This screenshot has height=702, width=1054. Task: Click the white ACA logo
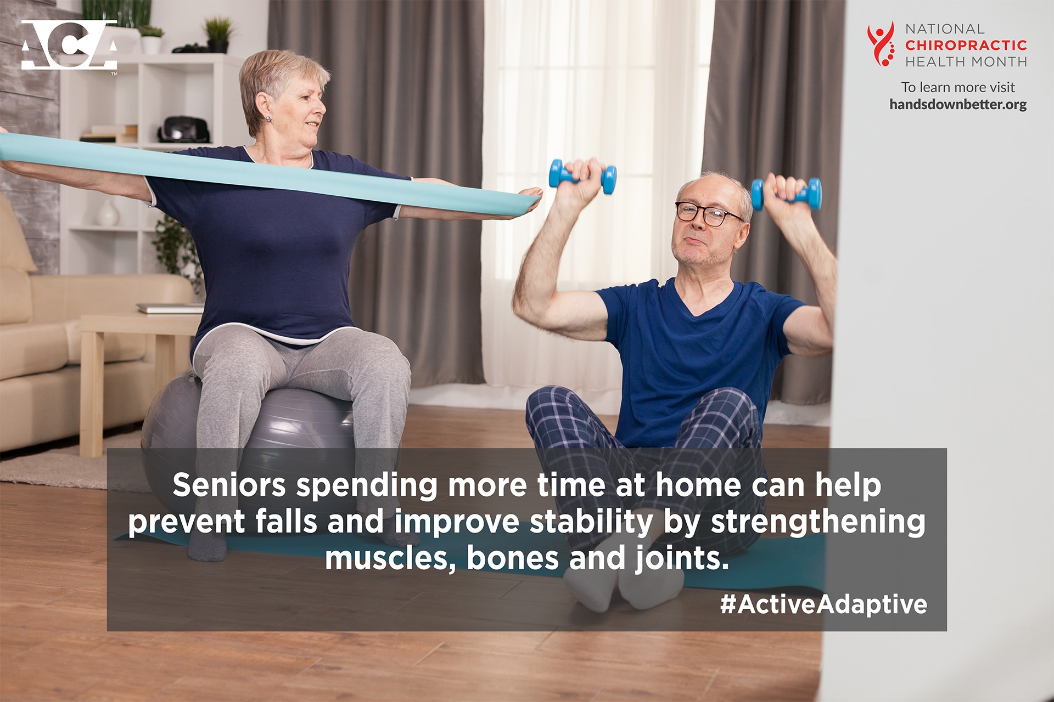[69, 45]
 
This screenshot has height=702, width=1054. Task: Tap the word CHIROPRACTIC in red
[966, 45]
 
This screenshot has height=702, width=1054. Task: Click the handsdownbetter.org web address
[958, 104]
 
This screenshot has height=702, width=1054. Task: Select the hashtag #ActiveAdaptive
[823, 604]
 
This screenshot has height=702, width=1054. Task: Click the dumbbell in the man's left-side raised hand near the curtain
[582, 176]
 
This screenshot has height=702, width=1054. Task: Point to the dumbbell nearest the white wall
[787, 194]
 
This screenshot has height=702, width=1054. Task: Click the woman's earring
[268, 118]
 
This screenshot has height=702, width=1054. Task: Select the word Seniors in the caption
[229, 485]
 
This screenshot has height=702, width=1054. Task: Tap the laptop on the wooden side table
[170, 308]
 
